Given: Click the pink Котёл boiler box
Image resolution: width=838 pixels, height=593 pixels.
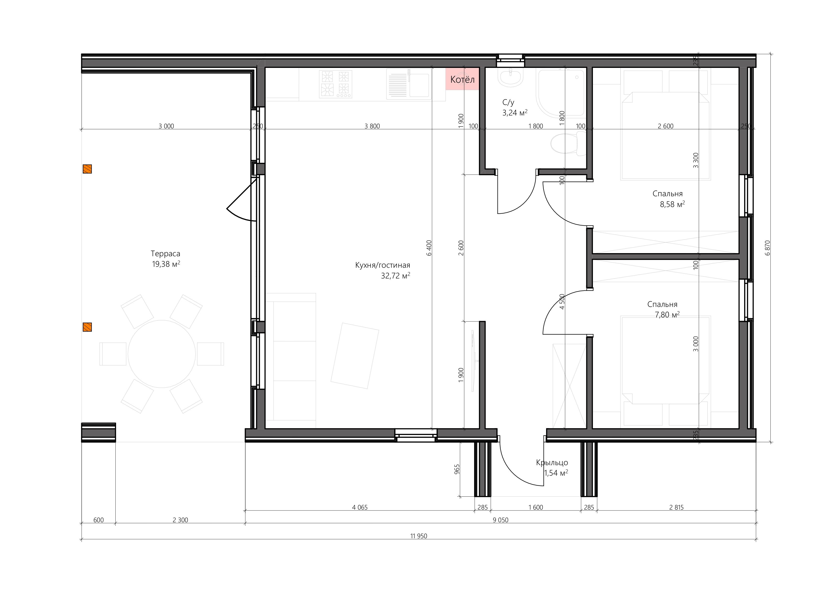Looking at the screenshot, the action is coord(462,79).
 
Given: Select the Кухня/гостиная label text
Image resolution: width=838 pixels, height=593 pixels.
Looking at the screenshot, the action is coord(382,266).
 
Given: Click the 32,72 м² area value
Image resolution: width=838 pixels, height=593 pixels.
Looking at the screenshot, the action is coord(395,276).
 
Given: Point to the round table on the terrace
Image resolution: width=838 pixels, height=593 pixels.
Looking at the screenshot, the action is coord(162,354).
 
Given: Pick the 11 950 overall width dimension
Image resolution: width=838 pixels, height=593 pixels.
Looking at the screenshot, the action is coord(419,536).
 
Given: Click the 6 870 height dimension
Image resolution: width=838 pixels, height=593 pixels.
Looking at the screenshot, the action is coord(767,248).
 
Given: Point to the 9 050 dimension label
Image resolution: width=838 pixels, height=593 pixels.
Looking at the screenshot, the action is coord(500,520).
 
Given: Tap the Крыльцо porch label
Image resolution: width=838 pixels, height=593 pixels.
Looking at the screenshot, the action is coord(552,463).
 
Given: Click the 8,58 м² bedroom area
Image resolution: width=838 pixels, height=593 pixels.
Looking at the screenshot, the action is coord(672,205).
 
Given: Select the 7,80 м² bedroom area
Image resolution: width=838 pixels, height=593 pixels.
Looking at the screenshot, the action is coord(667,315).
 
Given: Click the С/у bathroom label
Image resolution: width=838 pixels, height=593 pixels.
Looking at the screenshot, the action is coord(508,103).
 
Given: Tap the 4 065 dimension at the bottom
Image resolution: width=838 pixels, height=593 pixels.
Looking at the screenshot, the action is coord(360,507).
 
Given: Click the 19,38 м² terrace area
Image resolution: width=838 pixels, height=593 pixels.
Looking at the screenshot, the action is coord(166,264).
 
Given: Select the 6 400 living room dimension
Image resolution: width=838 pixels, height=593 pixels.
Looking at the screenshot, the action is coord(429,248).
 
